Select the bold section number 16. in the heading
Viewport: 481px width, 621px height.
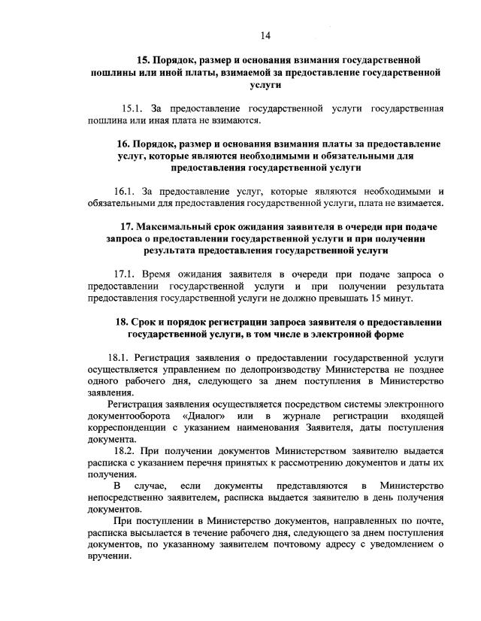pos(125,143)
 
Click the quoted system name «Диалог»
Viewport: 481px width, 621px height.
pos(200,416)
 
